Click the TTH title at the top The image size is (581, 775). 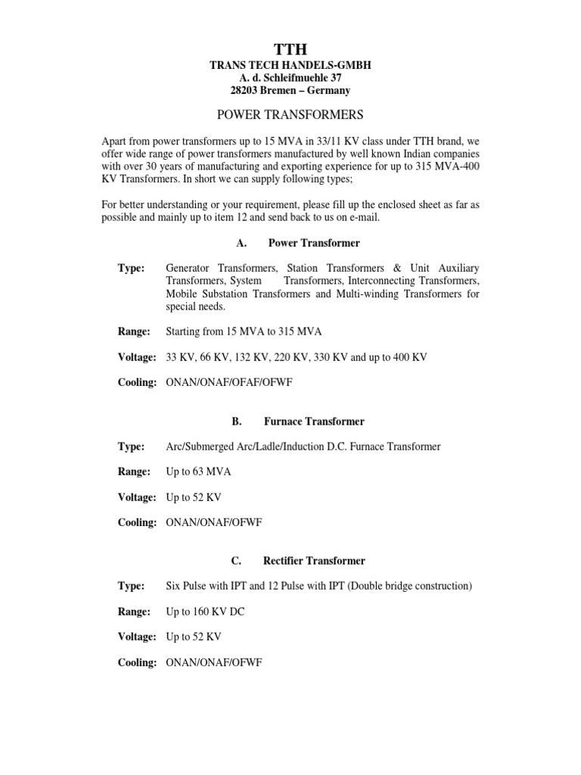tap(290, 50)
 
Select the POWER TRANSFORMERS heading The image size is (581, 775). tap(290, 115)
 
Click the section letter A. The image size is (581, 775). tap(241, 243)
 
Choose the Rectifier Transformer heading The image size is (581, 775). tap(314, 561)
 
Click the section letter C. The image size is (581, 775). tap(236, 561)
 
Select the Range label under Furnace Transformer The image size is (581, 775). tap(134, 472)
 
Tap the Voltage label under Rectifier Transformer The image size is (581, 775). tap(137, 636)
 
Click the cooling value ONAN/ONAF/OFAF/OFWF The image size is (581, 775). tap(229, 382)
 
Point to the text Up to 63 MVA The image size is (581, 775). tap(198, 472)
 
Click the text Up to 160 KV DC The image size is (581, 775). tap(205, 611)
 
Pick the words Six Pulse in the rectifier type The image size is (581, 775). tap(186, 586)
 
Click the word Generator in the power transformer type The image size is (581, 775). tap(189, 269)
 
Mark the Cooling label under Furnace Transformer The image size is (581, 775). tap(137, 522)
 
